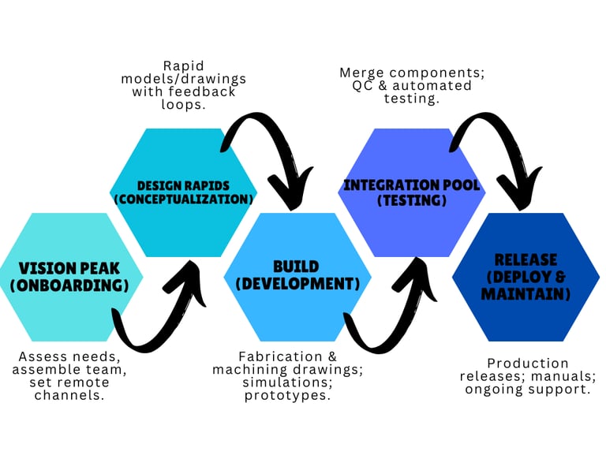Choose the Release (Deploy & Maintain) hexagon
click(526, 276)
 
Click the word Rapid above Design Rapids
click(183, 65)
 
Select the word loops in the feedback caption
click(183, 103)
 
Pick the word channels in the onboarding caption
click(70, 395)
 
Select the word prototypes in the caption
click(285, 395)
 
